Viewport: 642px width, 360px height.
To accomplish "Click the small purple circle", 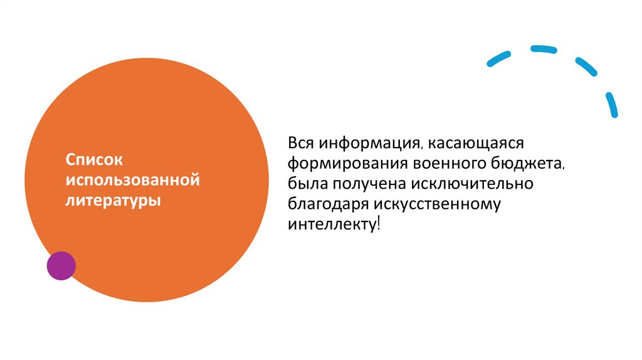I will click(61, 265).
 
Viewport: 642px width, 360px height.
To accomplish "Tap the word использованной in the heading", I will click(133, 181).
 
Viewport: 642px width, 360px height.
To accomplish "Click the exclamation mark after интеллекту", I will click(378, 223).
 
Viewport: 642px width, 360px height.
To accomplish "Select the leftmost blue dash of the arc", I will click(500, 57).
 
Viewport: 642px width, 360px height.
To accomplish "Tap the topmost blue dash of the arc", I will click(544, 48).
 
